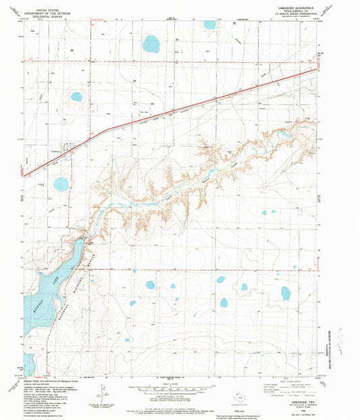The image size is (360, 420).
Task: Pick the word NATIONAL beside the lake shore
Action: click(x=62, y=310)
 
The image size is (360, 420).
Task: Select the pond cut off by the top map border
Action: click(x=210, y=25)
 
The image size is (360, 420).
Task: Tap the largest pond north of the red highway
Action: click(x=150, y=45)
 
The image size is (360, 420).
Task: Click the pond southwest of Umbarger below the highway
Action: click(x=61, y=184)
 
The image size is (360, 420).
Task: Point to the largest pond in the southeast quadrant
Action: click(x=285, y=292)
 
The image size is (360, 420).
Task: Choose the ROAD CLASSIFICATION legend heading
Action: click(x=292, y=380)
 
